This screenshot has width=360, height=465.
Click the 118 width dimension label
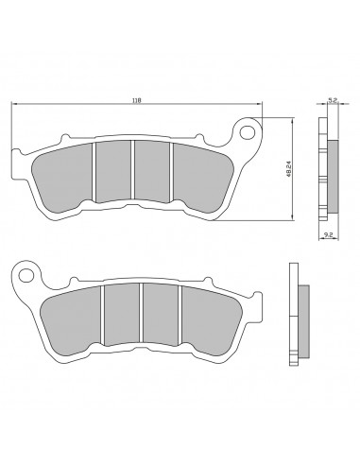pos(136,100)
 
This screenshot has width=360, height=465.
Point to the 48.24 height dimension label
pos(288,169)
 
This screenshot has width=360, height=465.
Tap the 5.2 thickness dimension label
pos(333,100)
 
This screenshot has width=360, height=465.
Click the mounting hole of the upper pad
pos(247,132)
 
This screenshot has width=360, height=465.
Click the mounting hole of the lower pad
pos(26,275)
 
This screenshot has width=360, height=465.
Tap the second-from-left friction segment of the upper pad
pos(113,172)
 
